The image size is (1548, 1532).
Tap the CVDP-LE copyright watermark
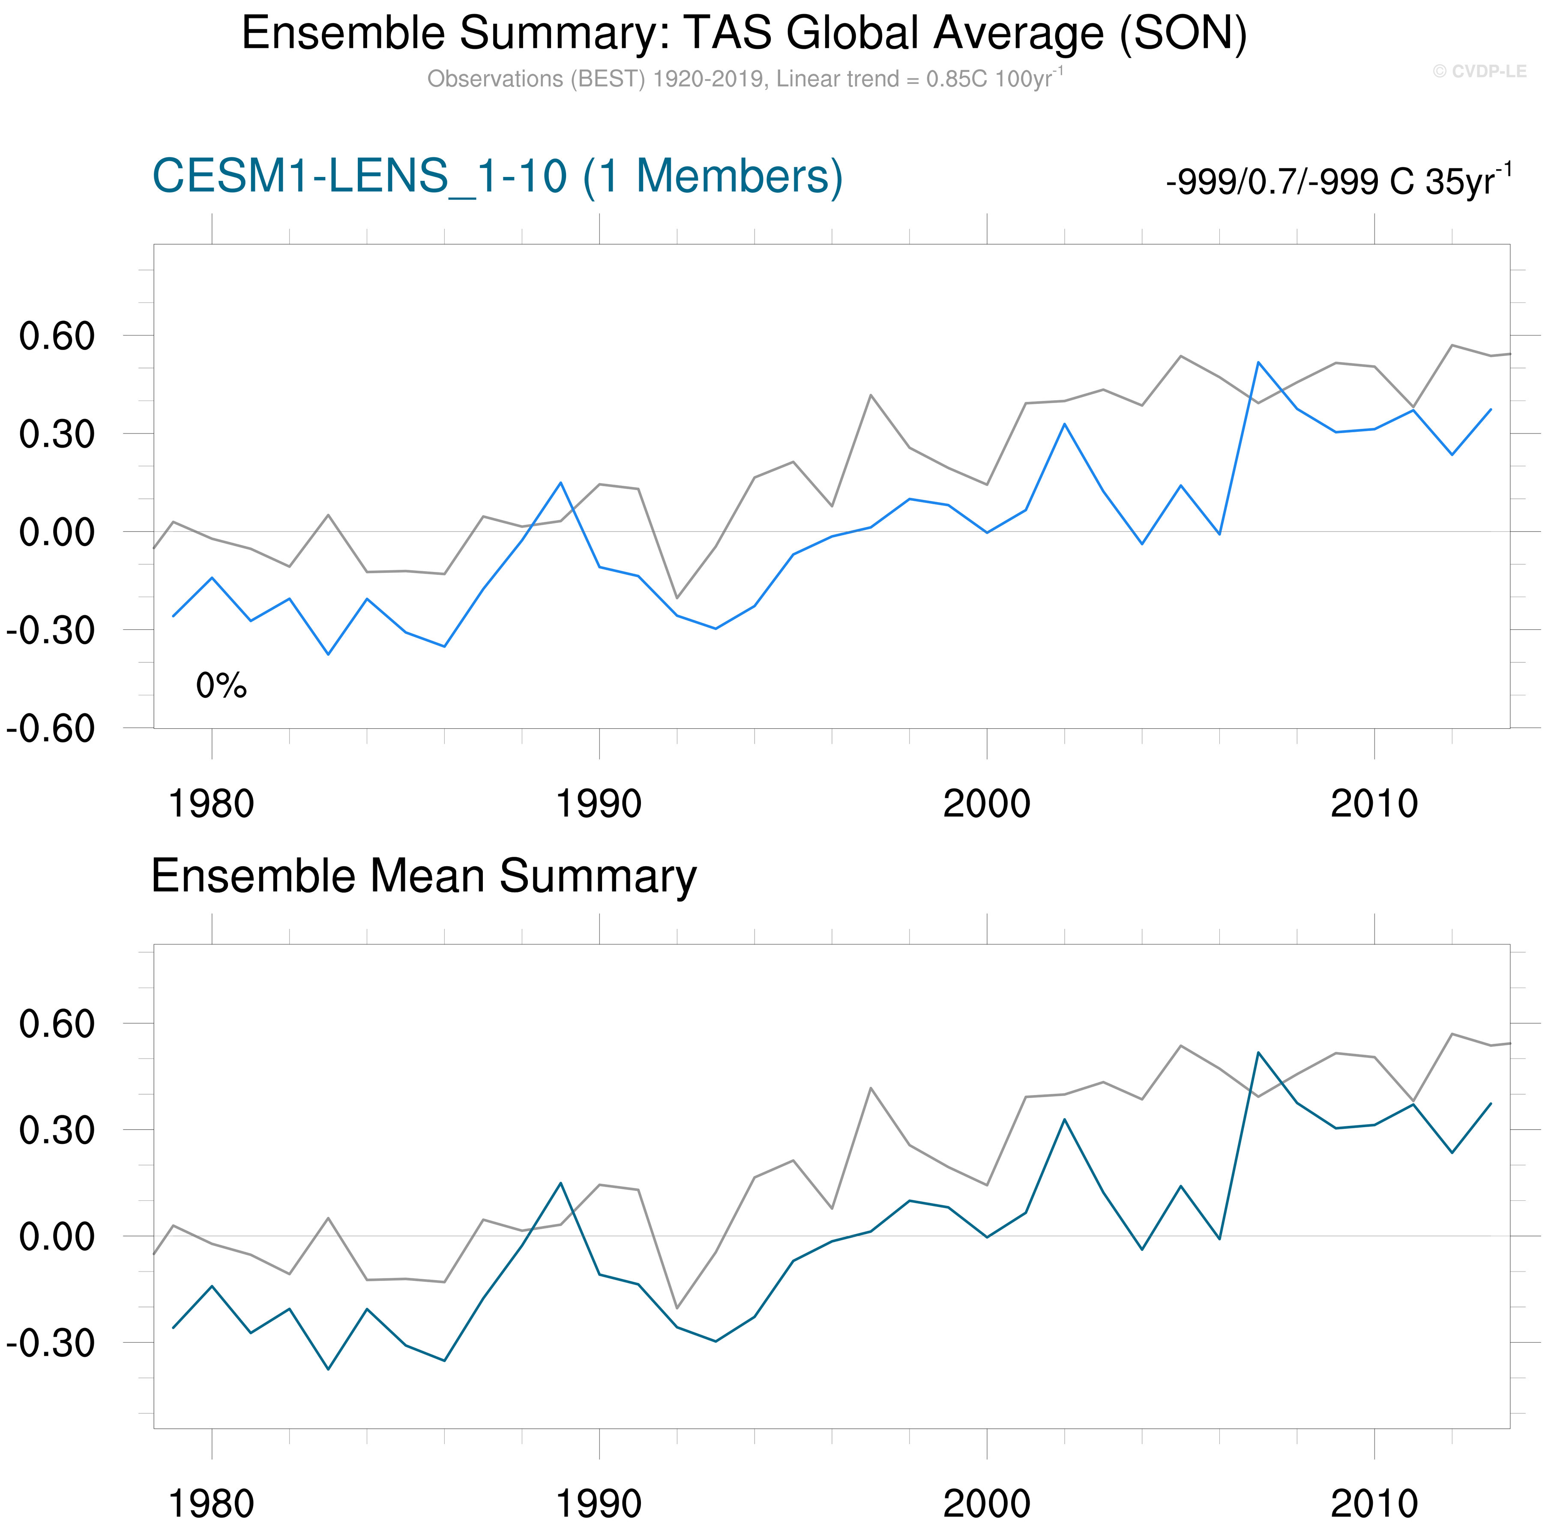tap(1479, 71)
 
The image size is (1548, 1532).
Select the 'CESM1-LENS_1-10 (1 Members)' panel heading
tap(497, 176)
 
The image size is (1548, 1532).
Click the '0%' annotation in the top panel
tap(221, 686)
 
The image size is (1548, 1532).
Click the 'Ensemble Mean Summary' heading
tap(423, 876)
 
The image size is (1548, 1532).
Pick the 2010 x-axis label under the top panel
tap(1374, 804)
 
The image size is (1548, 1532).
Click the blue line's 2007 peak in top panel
tap(1258, 362)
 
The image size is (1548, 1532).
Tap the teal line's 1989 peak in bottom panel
tap(561, 1183)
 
